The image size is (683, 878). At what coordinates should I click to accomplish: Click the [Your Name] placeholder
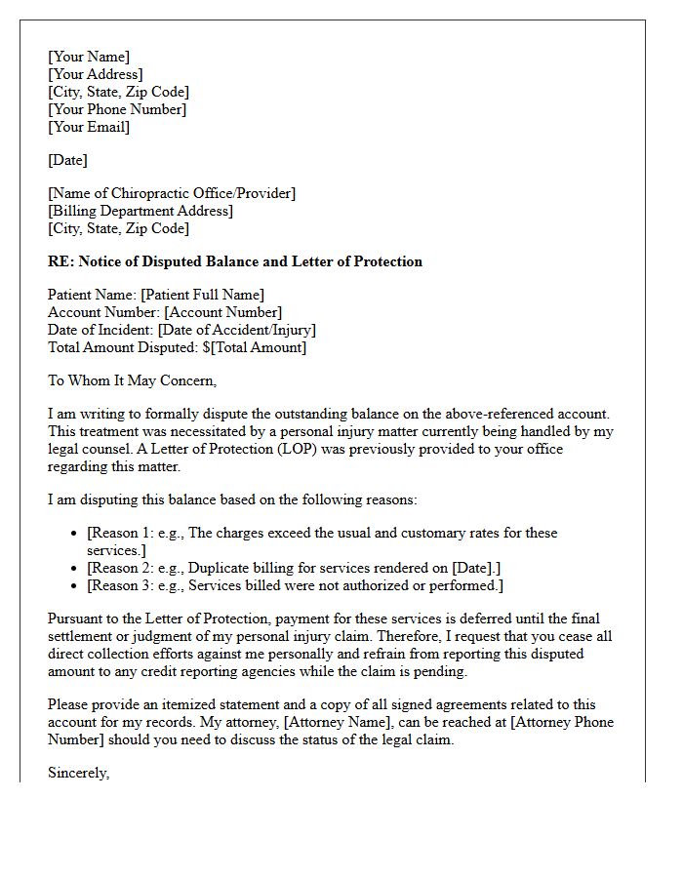click(89, 57)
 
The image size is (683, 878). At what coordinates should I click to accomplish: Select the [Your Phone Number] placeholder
click(117, 109)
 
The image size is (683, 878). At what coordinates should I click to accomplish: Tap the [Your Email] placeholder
click(89, 127)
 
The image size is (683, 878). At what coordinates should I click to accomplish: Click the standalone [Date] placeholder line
click(67, 160)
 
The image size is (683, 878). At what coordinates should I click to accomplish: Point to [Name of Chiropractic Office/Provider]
click(172, 193)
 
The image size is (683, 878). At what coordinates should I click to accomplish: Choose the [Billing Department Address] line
click(141, 211)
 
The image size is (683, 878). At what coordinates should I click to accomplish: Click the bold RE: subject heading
click(235, 261)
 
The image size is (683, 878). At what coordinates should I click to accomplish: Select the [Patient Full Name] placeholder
click(202, 295)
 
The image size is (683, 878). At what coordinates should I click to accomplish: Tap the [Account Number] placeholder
click(222, 312)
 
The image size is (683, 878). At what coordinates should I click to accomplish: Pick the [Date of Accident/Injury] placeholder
click(236, 330)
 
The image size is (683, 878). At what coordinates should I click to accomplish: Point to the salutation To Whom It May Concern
click(132, 380)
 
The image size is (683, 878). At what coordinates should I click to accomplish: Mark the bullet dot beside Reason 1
click(75, 534)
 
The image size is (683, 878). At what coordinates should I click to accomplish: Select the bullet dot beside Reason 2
click(75, 568)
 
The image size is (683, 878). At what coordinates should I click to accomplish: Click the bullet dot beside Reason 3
click(75, 585)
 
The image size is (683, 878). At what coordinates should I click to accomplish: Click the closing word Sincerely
click(78, 773)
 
